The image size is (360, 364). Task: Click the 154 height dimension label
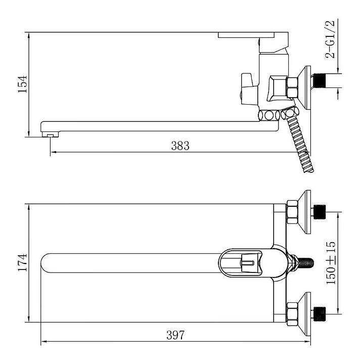[23, 84]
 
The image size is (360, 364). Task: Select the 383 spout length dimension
[180, 146]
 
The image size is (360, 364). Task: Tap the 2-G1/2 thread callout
[330, 39]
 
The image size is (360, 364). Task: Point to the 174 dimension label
[23, 262]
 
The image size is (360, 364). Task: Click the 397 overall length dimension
[175, 335]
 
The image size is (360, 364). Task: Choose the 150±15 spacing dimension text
[331, 263]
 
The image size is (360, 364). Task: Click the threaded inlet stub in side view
[320, 81]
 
